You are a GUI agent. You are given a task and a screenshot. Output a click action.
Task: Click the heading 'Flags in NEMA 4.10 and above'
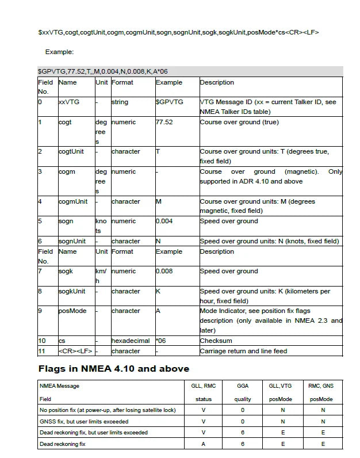114,368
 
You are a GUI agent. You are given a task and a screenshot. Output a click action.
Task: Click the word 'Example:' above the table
60,52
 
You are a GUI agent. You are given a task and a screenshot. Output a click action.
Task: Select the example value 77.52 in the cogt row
164,122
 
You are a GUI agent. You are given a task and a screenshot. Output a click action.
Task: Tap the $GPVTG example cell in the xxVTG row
170,102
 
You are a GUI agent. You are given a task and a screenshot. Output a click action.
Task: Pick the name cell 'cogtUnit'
71,151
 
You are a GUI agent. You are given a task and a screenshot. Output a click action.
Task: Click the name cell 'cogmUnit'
73,201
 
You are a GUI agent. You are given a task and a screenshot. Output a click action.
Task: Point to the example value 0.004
164,221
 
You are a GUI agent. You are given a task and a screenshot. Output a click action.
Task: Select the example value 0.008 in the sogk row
164,271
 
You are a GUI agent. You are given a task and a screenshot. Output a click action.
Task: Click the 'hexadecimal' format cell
131,341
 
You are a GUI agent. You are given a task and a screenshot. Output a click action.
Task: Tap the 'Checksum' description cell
216,341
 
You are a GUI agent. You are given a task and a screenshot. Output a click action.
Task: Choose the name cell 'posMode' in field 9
72,311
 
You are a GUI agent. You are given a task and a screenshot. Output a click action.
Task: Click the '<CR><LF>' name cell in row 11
75,351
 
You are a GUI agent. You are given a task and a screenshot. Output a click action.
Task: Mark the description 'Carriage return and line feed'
243,351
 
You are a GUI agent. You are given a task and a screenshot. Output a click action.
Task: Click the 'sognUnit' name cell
72,241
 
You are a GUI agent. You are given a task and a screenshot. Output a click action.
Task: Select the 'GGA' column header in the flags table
243,386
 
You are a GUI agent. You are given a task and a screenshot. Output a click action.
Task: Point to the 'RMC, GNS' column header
321,386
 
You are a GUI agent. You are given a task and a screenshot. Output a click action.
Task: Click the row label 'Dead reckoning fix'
62,444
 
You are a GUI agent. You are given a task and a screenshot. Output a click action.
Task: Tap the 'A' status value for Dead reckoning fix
204,444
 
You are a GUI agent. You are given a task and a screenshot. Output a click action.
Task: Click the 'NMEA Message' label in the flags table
59,386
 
